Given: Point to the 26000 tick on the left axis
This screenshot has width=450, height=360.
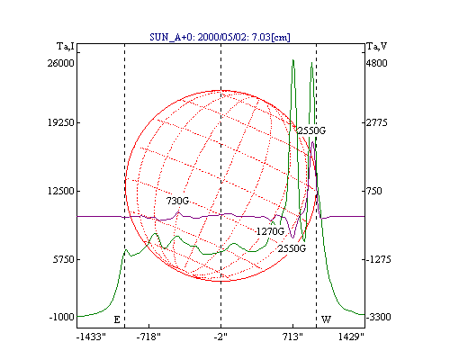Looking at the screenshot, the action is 60,63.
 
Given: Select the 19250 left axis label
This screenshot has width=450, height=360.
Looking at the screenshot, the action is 61,122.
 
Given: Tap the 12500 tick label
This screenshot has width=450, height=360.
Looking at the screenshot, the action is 61,191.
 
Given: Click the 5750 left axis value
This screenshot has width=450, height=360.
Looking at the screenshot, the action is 64,259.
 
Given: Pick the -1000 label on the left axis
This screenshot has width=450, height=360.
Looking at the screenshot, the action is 61,317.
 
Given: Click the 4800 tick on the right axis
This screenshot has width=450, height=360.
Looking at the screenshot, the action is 377,63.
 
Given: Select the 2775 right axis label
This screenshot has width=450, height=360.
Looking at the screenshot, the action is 377,122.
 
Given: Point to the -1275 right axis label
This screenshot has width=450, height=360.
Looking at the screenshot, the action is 379,259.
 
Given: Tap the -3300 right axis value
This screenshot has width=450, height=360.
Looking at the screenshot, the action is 379,317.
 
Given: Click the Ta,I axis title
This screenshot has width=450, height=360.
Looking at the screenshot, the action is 66,47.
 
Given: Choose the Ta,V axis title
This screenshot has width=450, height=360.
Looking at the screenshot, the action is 377,47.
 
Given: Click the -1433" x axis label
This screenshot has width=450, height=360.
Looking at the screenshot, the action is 91,337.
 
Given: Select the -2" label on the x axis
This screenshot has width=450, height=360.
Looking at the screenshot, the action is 220,337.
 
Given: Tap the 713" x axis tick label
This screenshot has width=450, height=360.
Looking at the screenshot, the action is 292,337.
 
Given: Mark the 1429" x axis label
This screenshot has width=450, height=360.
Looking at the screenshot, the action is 351,337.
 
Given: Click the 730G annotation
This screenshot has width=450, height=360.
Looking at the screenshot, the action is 177,201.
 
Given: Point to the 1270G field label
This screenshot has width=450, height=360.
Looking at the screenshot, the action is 270,231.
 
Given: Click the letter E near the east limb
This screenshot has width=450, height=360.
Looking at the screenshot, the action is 117,319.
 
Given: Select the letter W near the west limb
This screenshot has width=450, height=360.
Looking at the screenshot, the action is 326,319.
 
